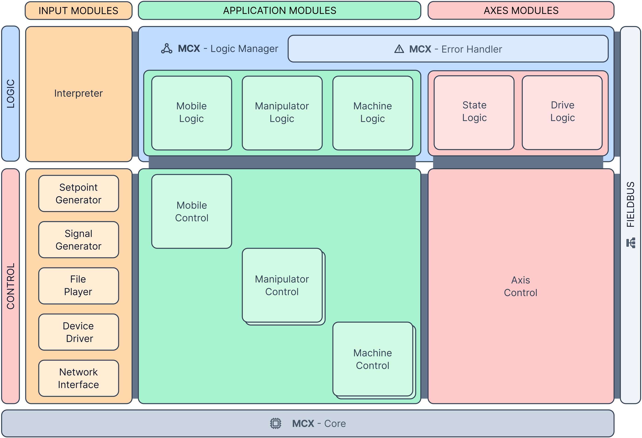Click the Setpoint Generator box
pos(78,194)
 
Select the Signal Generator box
pos(78,240)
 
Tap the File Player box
pos(78,286)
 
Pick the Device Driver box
pos(78,332)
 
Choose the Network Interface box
pos(78,378)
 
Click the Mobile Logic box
pos(191,113)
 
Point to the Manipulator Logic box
pos(282,113)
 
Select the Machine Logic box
pos(373,113)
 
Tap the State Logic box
pos(474,112)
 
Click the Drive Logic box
pos(562,112)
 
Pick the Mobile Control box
pos(191,211)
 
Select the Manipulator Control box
pos(282,285)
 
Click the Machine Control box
pos(373,359)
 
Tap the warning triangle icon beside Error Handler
pos(399,49)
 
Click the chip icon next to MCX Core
pos(275,423)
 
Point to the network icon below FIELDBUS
pos(631,243)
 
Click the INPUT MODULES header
pos(78,10)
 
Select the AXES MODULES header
pos(521,10)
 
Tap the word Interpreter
pos(78,93)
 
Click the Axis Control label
pos(520,286)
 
